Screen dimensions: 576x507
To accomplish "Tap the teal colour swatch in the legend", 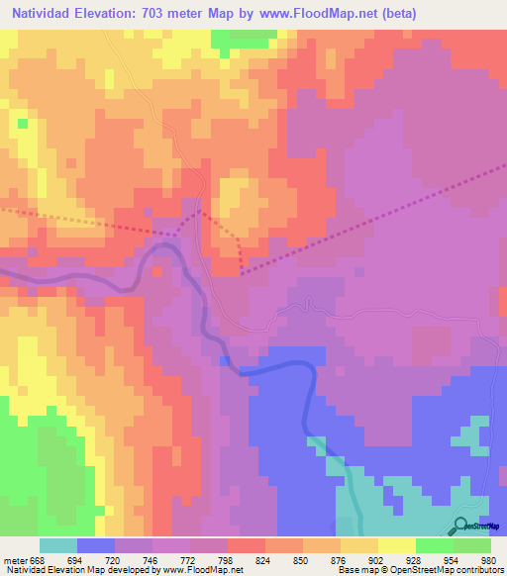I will click(58, 545).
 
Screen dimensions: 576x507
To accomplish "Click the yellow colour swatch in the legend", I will click(396, 545).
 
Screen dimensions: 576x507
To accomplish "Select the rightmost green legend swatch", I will click(472, 545).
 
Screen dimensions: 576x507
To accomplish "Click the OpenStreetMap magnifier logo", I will click(462, 526).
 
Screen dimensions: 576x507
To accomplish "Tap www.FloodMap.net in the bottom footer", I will click(198, 570).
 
